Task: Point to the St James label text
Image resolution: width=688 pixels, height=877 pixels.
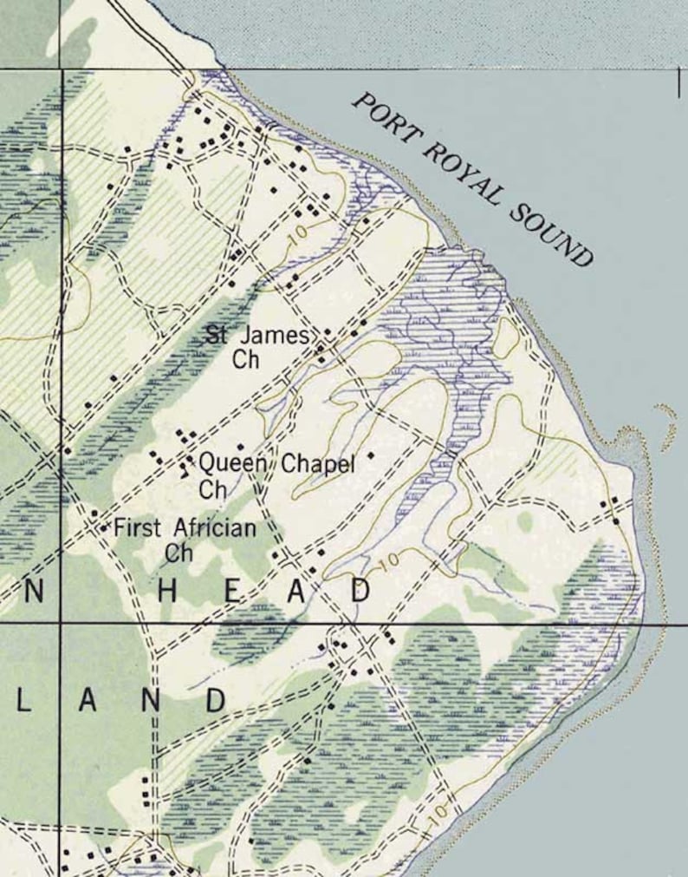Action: pos(256,335)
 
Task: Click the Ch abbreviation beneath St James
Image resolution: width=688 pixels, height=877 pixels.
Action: pos(246,360)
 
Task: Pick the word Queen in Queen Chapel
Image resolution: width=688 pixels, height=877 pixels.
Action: pos(232,463)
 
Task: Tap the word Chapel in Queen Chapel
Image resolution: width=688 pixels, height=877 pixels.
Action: pos(319,465)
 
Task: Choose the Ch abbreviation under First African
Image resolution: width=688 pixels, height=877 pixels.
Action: pos(178,553)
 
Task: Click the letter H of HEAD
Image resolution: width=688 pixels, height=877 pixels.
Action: pos(168,592)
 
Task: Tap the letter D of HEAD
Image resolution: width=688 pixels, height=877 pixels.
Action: pos(360,591)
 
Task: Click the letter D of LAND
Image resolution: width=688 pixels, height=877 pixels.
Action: pos(215,700)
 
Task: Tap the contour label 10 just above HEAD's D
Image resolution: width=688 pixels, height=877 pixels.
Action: pos(390,560)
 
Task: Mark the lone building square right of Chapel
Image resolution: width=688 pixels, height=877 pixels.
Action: pos(371,455)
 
